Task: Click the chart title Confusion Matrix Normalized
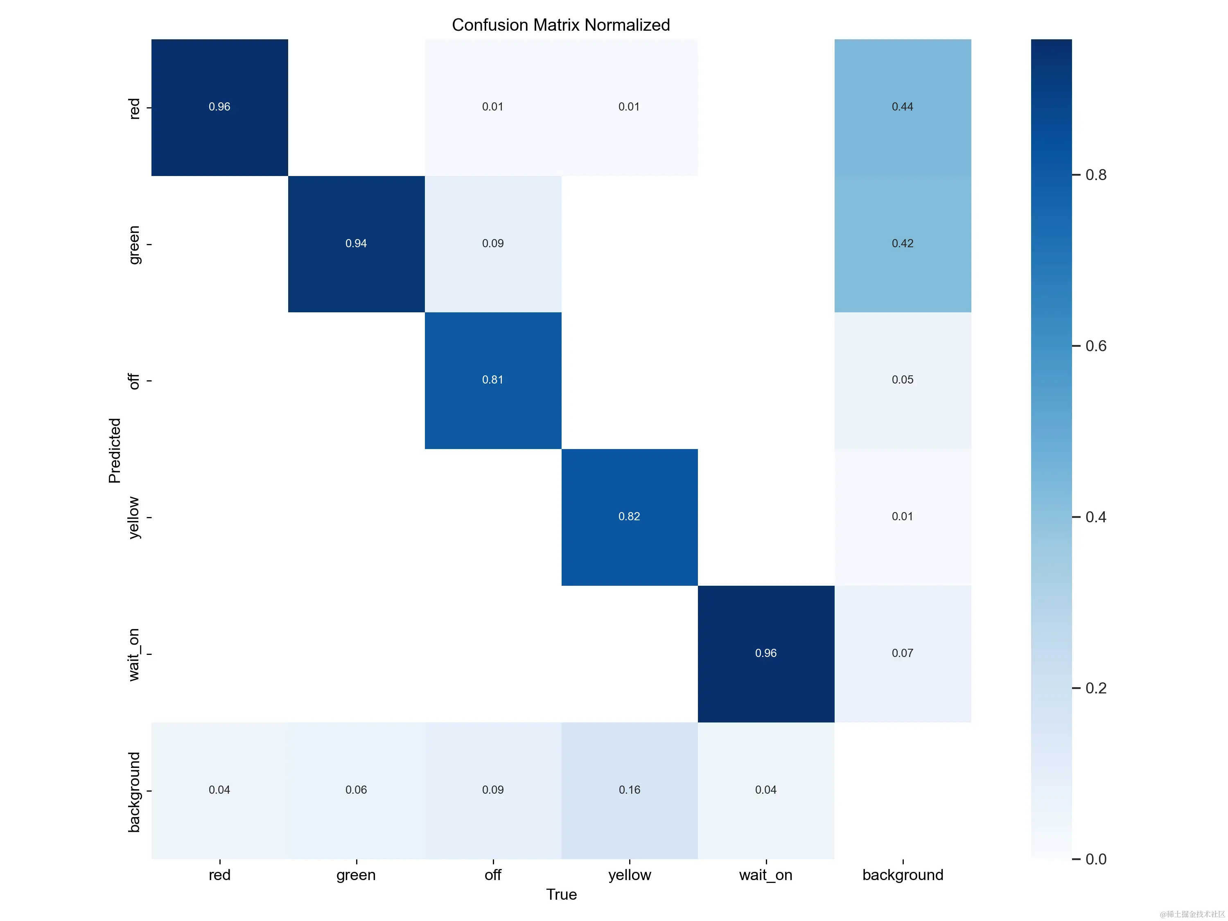pyautogui.click(x=561, y=25)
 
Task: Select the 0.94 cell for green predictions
pyautogui.click(x=356, y=243)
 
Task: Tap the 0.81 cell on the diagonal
pyautogui.click(x=492, y=380)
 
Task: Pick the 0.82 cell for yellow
pyautogui.click(x=629, y=516)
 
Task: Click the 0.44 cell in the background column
pyautogui.click(x=902, y=106)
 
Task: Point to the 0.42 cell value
pyautogui.click(x=902, y=243)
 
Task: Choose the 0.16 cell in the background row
pyautogui.click(x=629, y=790)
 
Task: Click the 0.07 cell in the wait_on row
pyautogui.click(x=902, y=653)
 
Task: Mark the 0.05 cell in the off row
pyautogui.click(x=902, y=380)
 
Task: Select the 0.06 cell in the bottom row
pyautogui.click(x=356, y=790)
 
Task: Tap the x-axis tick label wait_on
pyautogui.click(x=765, y=875)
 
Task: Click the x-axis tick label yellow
pyautogui.click(x=629, y=875)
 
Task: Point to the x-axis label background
pyautogui.click(x=903, y=875)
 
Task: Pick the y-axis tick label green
pyautogui.click(x=134, y=245)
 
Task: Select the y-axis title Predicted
pyautogui.click(x=114, y=450)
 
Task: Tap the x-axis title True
pyautogui.click(x=561, y=894)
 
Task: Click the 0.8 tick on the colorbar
pyautogui.click(x=1096, y=175)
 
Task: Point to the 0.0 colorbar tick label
pyautogui.click(x=1096, y=859)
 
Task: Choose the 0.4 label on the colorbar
pyautogui.click(x=1096, y=517)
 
